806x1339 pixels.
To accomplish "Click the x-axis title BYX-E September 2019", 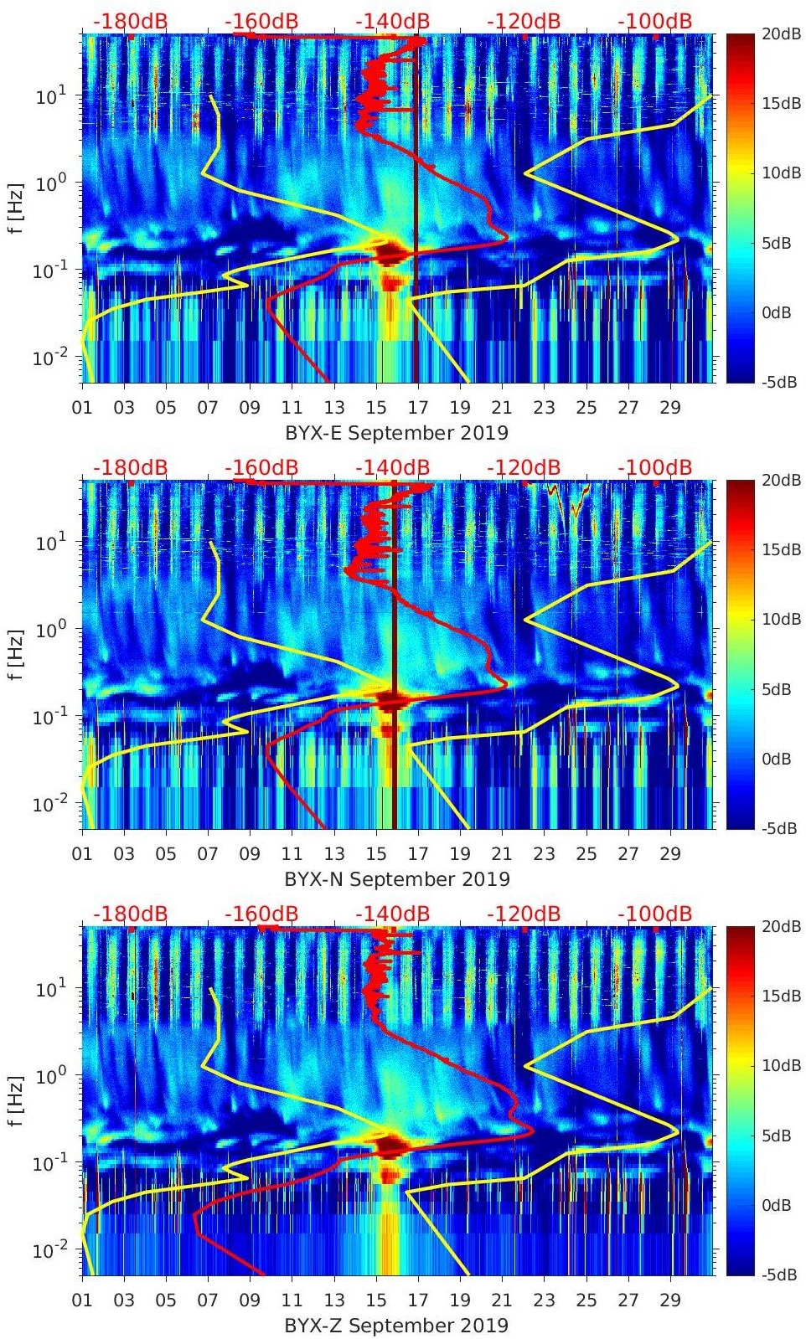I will [x=396, y=433].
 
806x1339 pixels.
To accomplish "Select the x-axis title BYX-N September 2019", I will [x=396, y=879].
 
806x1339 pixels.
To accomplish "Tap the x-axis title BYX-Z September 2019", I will [x=396, y=1326].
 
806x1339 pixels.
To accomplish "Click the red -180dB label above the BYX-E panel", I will [x=131, y=21].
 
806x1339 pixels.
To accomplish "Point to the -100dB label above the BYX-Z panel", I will [x=655, y=914].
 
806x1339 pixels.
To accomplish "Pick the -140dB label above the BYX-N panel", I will [x=393, y=467].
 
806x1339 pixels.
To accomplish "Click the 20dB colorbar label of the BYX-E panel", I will [x=778, y=33].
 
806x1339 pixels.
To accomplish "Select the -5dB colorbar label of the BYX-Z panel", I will [x=778, y=1275].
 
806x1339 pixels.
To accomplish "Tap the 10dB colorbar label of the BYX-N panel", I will [x=778, y=619].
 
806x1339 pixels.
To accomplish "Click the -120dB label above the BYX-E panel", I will [x=524, y=21].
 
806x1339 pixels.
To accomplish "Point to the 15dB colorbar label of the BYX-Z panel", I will [x=778, y=996].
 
